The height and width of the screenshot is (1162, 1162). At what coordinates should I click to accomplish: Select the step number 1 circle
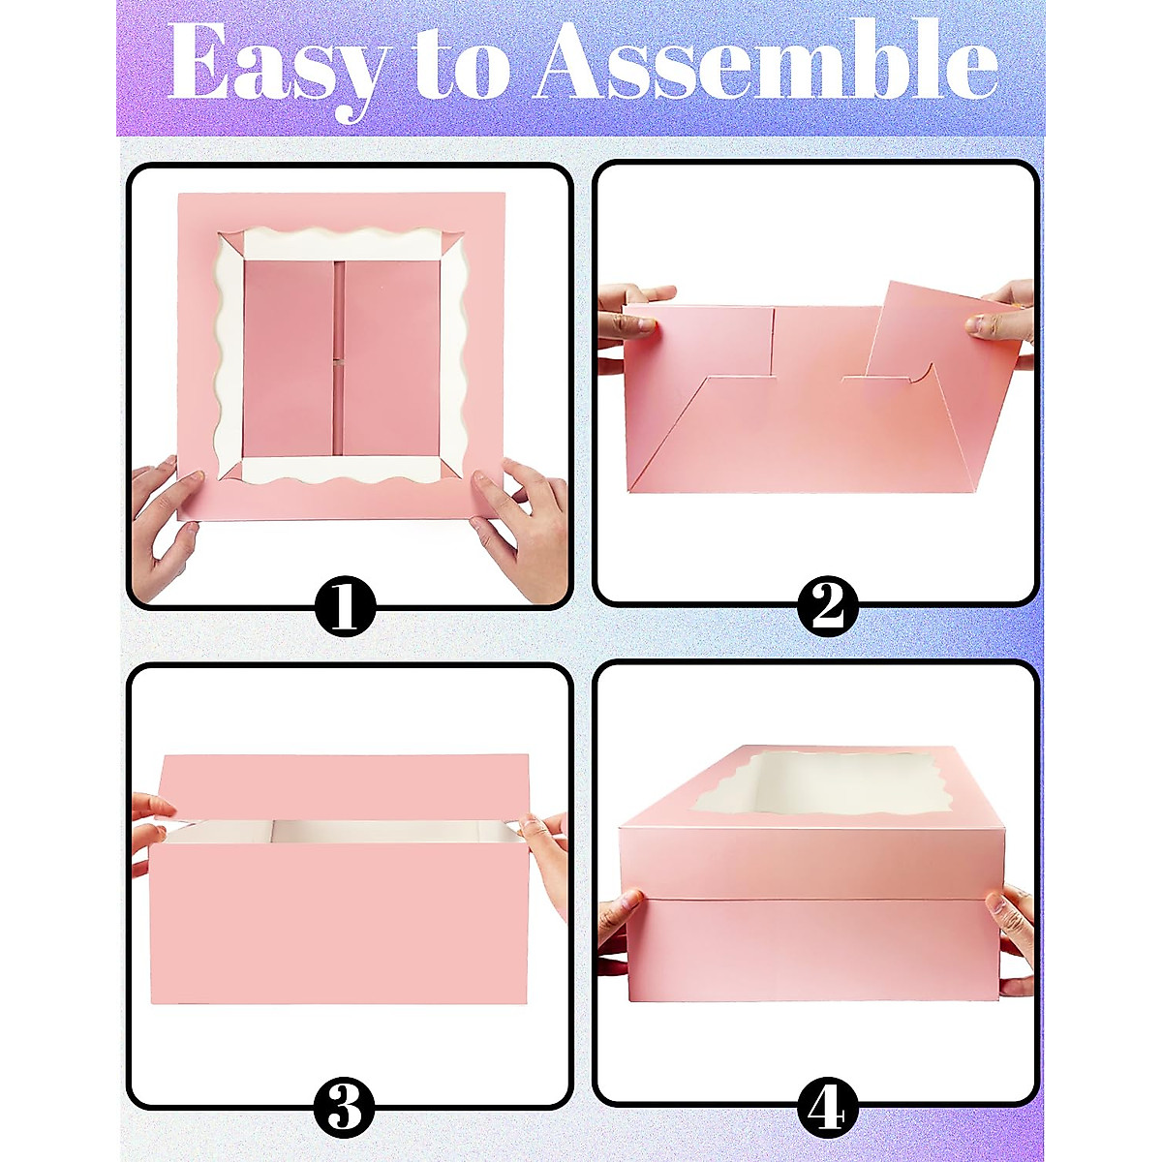(344, 607)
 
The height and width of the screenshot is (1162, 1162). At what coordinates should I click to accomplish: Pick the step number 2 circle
(828, 607)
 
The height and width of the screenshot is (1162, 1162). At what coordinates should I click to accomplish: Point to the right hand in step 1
(523, 523)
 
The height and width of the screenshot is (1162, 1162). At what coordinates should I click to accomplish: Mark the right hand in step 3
(547, 842)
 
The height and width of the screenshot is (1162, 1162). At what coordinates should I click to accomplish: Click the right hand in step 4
(1012, 930)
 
